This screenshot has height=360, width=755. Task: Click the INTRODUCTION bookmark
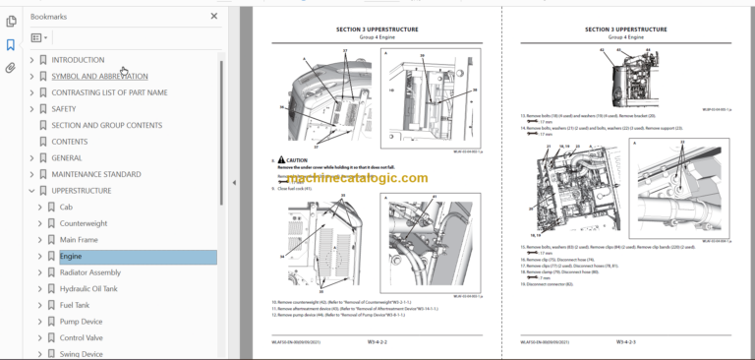click(x=78, y=60)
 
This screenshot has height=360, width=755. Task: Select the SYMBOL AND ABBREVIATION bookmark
click(x=99, y=76)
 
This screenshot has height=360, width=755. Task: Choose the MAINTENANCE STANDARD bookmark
click(x=95, y=174)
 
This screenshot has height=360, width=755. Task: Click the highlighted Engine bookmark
click(x=71, y=257)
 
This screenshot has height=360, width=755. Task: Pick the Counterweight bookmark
click(x=84, y=223)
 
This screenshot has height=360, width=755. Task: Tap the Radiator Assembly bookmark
click(x=89, y=272)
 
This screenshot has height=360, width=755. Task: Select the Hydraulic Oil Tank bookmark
click(x=88, y=288)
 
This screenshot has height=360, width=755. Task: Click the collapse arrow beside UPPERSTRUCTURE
click(x=31, y=191)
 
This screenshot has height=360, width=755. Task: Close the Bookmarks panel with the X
click(x=214, y=17)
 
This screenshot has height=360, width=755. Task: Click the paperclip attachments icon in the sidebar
click(x=11, y=68)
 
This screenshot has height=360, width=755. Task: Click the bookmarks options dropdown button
click(x=39, y=38)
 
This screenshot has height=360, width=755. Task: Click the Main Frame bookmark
click(x=80, y=240)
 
